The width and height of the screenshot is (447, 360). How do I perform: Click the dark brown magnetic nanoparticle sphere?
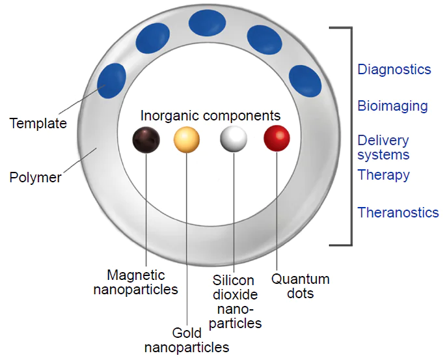pyautogui.click(x=146, y=139)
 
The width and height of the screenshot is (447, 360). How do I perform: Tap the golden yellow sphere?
pyautogui.click(x=187, y=139)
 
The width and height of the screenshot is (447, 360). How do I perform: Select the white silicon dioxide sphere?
pyautogui.click(x=234, y=139)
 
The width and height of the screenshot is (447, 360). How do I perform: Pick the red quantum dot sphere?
pyautogui.click(x=277, y=139)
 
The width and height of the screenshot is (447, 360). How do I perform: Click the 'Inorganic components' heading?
pyautogui.click(x=210, y=116)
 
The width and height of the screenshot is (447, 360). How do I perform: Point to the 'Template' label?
pyautogui.click(x=38, y=122)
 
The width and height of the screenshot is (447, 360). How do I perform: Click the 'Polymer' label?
pyautogui.click(x=35, y=177)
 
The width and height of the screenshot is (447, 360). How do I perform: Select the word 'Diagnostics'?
pyautogui.click(x=394, y=70)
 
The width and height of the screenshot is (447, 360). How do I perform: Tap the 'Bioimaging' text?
pyautogui.click(x=392, y=106)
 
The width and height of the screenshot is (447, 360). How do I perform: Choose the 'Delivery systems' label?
pyautogui.click(x=383, y=148)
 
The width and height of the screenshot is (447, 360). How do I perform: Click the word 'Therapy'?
pyautogui.click(x=383, y=175)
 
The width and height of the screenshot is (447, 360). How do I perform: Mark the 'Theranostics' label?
pyautogui.click(x=398, y=213)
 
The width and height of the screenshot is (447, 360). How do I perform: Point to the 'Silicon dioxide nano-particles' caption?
pyautogui.click(x=237, y=301)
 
